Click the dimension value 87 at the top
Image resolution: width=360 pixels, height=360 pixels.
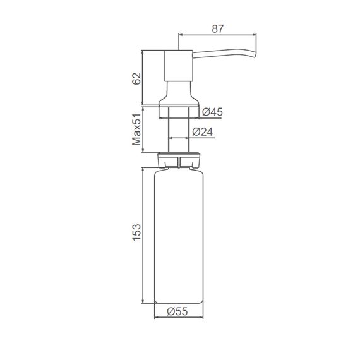pos(219,27)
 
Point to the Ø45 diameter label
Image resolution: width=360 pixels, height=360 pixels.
pos(213,112)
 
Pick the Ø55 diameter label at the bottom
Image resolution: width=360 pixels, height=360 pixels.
pos(179,311)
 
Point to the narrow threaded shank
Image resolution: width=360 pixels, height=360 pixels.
pos(179,129)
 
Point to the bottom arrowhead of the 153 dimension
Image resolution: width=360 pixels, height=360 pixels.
pos(144,302)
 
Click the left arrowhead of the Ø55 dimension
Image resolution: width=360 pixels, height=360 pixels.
pos(157,317)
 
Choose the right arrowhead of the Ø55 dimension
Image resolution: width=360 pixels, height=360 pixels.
pos(202,317)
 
